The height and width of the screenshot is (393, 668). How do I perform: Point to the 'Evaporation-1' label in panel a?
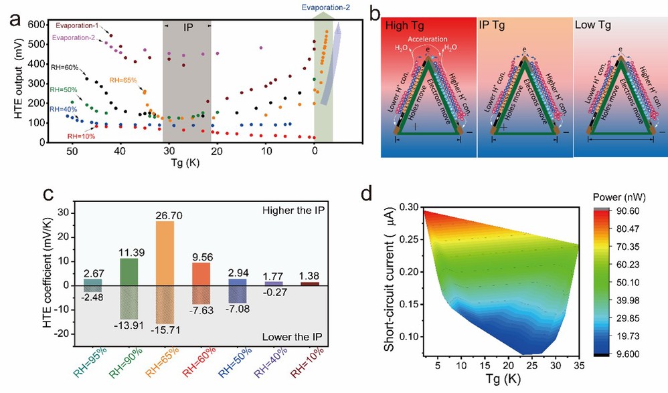[x=78, y=25]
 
